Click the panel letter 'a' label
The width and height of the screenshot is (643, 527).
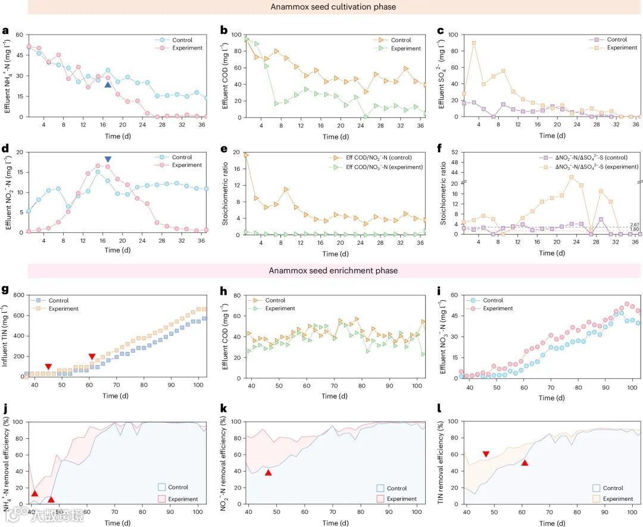coord(5,31)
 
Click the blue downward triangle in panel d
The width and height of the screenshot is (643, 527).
coord(108,160)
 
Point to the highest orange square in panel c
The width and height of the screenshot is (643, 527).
coord(474,43)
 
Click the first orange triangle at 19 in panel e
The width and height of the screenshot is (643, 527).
coord(246,155)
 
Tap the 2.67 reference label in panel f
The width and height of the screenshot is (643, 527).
coord(634,225)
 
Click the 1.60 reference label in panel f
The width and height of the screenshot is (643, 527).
coord(634,230)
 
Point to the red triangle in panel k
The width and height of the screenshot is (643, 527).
coord(269,472)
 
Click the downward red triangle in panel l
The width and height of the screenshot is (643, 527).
coord(486,454)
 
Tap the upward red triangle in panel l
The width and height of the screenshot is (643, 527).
coord(525,462)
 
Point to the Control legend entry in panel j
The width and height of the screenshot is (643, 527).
coord(177,487)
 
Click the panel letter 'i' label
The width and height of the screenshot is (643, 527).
coord(439,292)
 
